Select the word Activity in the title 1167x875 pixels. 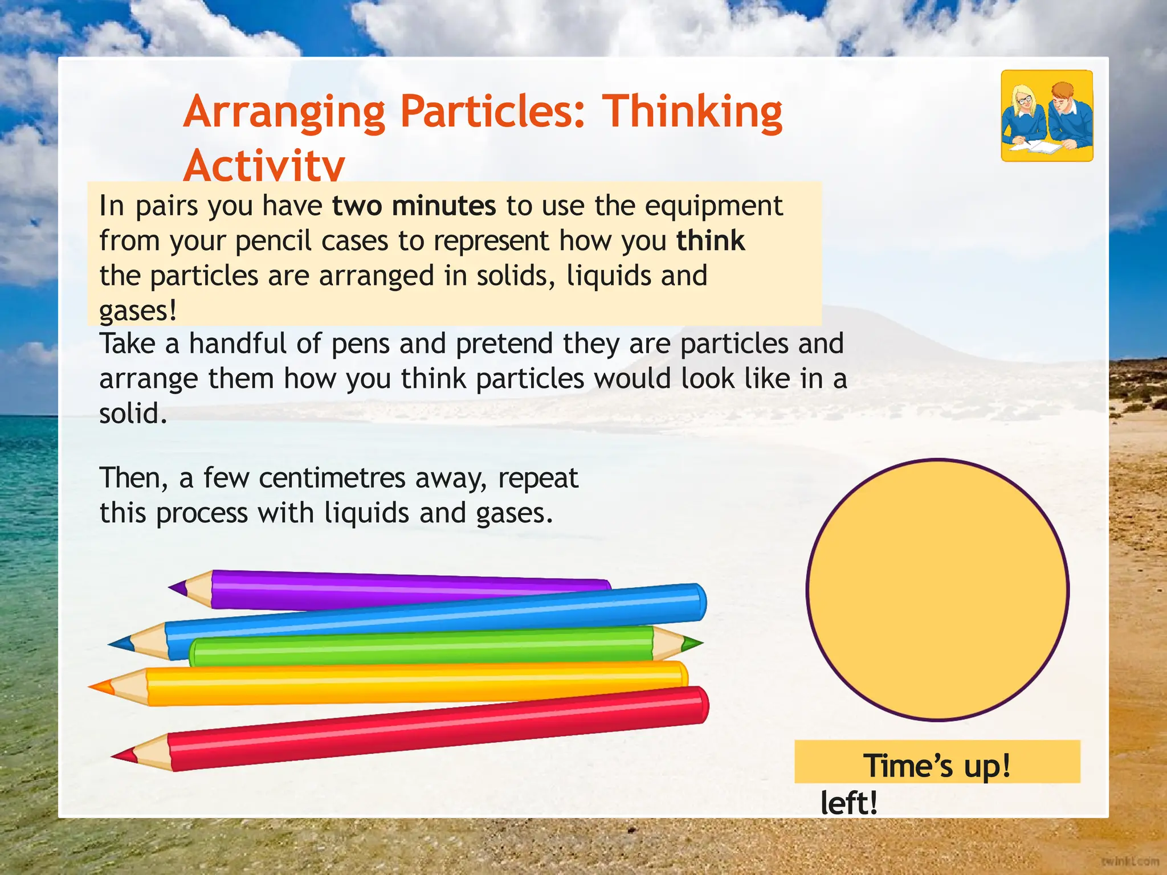[x=264, y=165]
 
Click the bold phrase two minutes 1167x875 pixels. [x=414, y=206]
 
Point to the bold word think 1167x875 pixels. [x=711, y=240]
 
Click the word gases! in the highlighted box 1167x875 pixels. [x=138, y=310]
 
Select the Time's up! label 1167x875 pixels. [x=937, y=764]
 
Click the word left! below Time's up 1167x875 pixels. [x=848, y=803]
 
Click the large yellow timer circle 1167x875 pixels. [x=937, y=590]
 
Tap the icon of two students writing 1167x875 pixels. [x=1047, y=116]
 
